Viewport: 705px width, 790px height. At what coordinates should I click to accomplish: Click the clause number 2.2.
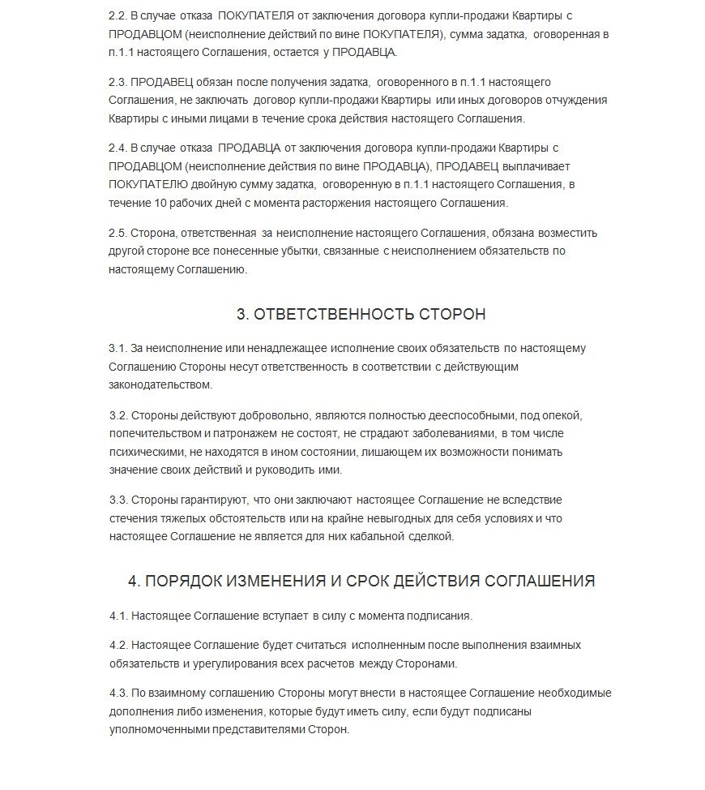(117, 16)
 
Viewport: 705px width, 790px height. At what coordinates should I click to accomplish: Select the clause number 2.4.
(117, 148)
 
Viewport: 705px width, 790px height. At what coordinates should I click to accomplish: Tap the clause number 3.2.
(117, 415)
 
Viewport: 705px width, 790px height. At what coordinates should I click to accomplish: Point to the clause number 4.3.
(117, 693)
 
